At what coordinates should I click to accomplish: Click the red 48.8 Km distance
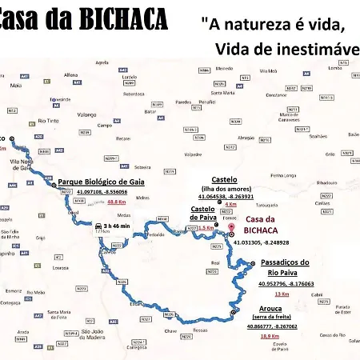130,202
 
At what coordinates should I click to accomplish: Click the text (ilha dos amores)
223,188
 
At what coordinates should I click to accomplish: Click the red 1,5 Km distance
206,228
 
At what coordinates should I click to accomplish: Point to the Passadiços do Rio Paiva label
285,267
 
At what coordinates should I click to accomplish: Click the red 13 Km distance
282,294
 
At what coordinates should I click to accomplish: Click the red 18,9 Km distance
269,335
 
